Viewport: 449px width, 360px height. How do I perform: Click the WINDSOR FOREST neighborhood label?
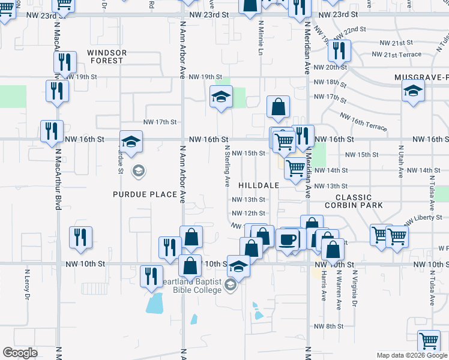pyautogui.click(x=107, y=56)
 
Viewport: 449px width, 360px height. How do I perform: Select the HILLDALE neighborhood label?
pyautogui.click(x=259, y=185)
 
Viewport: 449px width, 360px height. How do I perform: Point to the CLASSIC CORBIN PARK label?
pyautogui.click(x=353, y=201)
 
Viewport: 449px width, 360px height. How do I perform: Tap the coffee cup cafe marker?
pyautogui.click(x=288, y=239)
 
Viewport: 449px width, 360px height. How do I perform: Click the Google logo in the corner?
pyautogui.click(x=20, y=353)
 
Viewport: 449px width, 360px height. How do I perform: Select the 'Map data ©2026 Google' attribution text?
pyautogui.click(x=412, y=355)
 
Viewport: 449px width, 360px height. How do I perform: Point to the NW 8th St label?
pyautogui.click(x=328, y=326)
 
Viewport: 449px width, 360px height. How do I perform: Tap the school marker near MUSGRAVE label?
pyautogui.click(x=412, y=92)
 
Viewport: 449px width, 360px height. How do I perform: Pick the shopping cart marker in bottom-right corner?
pyautogui.click(x=429, y=341)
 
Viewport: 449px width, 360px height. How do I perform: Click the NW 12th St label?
pyautogui.click(x=249, y=213)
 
